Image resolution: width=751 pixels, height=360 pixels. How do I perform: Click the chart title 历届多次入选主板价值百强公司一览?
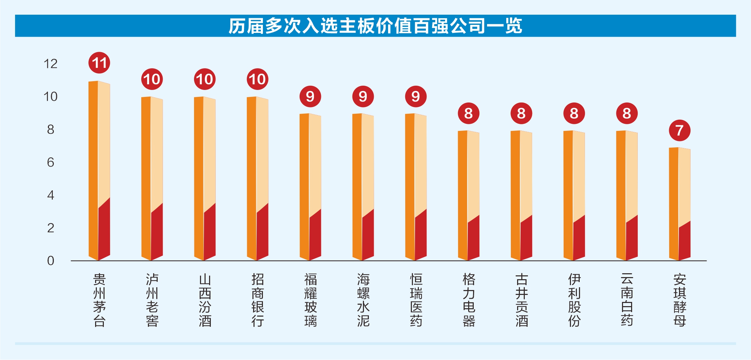375,26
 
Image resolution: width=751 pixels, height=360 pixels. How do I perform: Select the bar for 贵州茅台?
99,171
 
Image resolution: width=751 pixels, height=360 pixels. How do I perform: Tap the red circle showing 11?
99,63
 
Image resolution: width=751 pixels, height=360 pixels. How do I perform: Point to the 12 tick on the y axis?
50,64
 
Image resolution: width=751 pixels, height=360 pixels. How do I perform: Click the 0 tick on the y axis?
51,261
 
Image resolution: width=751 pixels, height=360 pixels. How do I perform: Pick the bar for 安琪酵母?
679,204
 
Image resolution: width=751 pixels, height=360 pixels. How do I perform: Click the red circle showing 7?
679,130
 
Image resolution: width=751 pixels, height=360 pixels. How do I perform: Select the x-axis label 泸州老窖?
152,300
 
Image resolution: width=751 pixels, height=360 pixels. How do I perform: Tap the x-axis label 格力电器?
469,300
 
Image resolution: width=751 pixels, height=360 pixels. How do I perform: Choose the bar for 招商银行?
258,178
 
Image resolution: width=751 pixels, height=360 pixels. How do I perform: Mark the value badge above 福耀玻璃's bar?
310,96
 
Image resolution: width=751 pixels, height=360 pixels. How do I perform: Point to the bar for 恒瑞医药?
416,187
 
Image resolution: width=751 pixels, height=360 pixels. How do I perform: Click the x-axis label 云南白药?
627,300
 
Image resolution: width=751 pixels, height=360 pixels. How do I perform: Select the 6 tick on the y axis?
51,162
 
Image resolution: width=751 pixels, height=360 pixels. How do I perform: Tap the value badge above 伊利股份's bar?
574,113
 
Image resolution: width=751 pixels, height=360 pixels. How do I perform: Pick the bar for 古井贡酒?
521,196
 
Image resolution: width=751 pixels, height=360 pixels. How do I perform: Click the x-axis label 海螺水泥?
363,300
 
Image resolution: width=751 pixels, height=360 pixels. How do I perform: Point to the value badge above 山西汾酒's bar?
205,79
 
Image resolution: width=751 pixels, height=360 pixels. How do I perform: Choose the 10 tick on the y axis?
50,97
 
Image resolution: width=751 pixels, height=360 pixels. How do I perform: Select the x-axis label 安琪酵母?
680,300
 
